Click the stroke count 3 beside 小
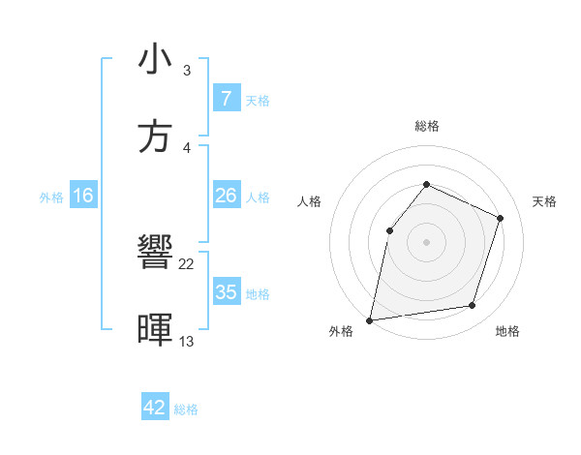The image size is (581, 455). (x=186, y=71)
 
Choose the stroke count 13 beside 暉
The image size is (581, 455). (x=187, y=341)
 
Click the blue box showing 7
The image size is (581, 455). (x=226, y=99)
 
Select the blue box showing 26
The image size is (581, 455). (x=226, y=196)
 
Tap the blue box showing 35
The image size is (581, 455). (x=226, y=292)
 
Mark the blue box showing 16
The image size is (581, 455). (x=83, y=196)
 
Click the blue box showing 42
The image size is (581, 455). (x=155, y=408)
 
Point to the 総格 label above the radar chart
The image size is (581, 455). (x=427, y=126)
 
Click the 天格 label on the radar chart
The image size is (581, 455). (x=545, y=201)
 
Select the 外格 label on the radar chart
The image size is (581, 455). (x=341, y=331)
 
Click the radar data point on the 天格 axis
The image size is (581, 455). (x=501, y=218)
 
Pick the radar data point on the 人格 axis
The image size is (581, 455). (x=389, y=230)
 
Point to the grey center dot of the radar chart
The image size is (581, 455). (x=426, y=241)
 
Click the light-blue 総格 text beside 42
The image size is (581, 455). (x=186, y=409)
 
